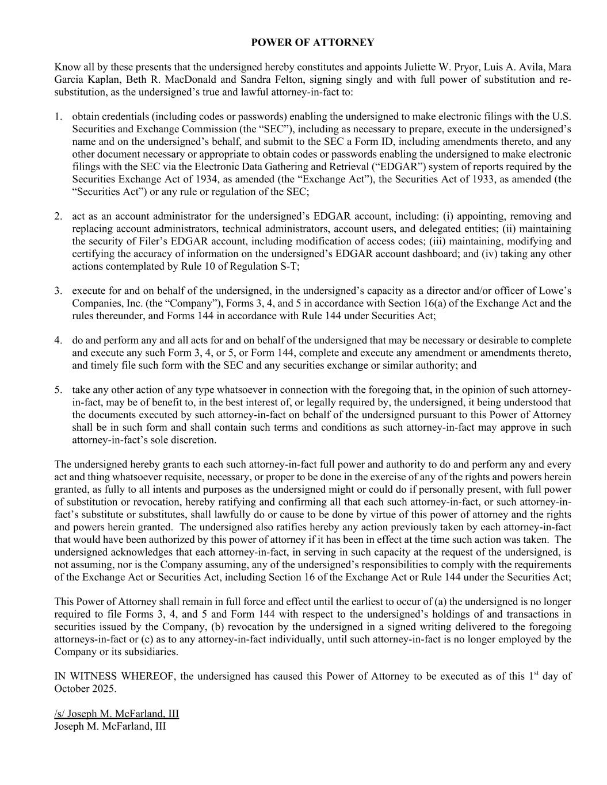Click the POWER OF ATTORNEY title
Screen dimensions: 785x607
pyautogui.click(x=312, y=43)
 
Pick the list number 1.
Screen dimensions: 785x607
pyautogui.click(x=58, y=117)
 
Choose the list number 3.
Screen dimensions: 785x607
pyautogui.click(x=58, y=290)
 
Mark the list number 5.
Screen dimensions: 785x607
pyautogui.click(x=58, y=390)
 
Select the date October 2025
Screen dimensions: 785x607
pyautogui.click(x=85, y=689)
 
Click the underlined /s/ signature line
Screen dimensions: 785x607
pyautogui.click(x=116, y=714)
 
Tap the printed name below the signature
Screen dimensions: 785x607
pyautogui.click(x=110, y=726)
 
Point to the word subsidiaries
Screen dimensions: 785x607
pyautogui.click(x=149, y=652)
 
